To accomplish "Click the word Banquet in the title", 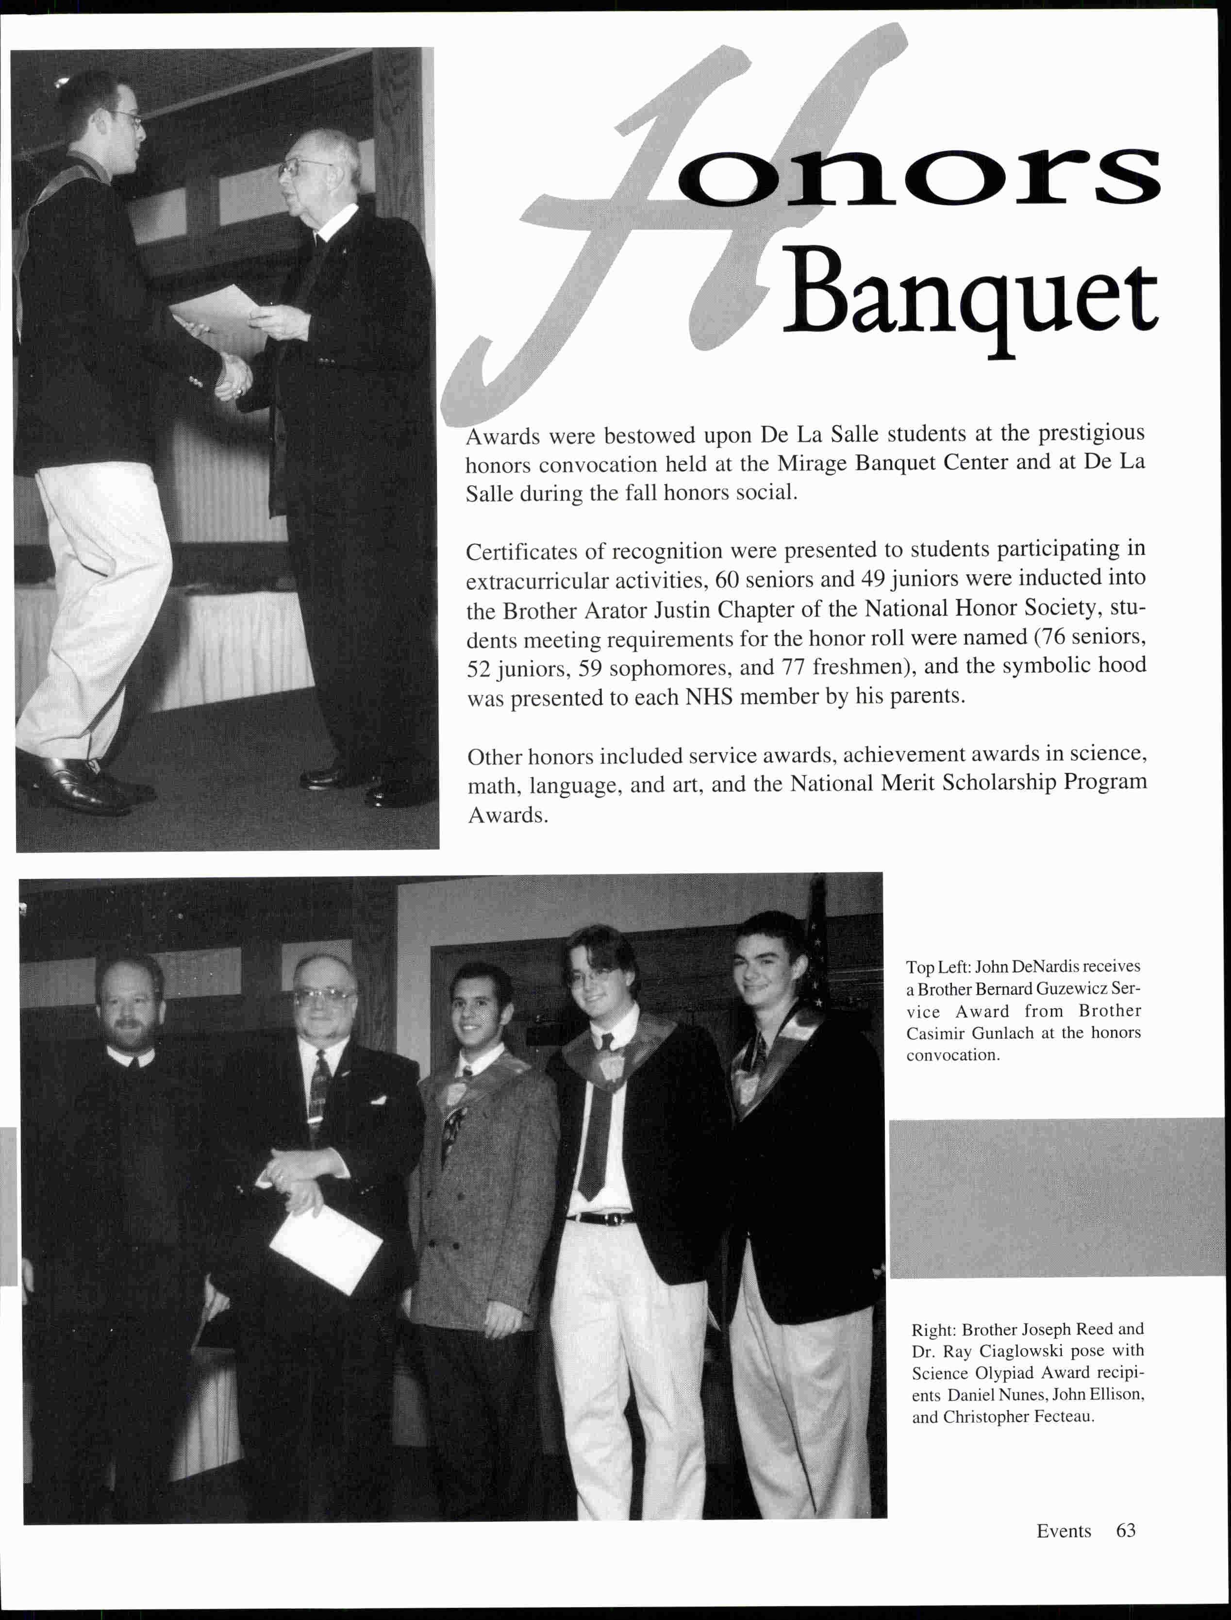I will click(x=971, y=299).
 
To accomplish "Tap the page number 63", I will click(x=1126, y=1531).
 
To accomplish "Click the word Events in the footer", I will click(x=1063, y=1531).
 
